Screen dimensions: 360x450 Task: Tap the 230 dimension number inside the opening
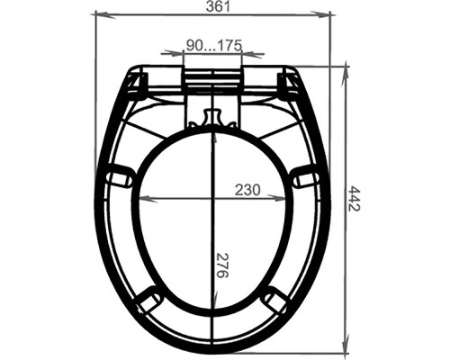[247, 189]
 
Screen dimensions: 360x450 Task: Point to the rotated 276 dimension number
[222, 265]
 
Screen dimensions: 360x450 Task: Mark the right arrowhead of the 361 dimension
[328, 15]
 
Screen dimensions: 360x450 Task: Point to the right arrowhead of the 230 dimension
[286, 198]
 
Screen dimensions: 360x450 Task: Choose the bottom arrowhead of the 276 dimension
[213, 304]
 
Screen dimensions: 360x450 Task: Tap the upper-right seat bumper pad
[307, 176]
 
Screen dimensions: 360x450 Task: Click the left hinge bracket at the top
[137, 84]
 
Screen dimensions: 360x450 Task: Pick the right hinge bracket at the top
[290, 84]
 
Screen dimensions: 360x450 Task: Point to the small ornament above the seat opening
[212, 119]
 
